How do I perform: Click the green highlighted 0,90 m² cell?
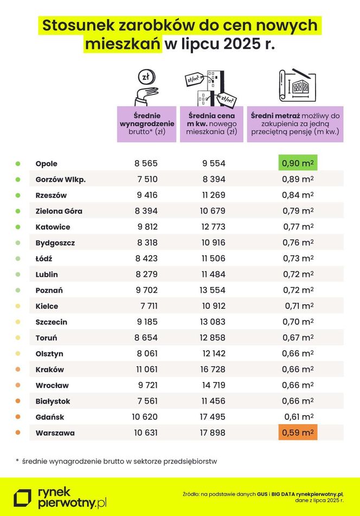[298, 163]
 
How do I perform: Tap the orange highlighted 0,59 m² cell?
[298, 433]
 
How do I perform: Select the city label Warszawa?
[55, 433]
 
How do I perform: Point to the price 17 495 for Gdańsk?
[209, 417]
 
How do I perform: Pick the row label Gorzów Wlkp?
[61, 180]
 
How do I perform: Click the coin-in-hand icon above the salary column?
[146, 86]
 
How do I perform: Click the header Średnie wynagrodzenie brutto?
[146, 124]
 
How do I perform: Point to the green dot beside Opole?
[18, 163]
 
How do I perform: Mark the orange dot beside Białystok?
[18, 402]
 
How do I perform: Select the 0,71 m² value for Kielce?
[298, 306]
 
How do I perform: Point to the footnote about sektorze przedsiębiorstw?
[116, 461]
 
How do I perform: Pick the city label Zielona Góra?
[59, 211]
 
